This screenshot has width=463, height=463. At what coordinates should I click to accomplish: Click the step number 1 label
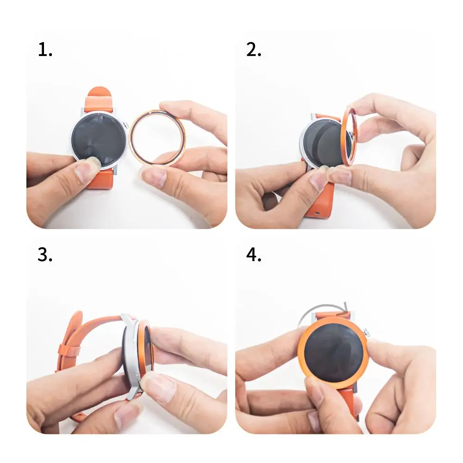click(x=45, y=50)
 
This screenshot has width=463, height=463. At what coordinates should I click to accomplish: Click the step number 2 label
click(x=254, y=50)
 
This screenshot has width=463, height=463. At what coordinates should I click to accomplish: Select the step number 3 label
click(x=45, y=255)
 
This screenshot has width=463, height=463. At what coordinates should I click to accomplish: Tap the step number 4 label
click(x=254, y=255)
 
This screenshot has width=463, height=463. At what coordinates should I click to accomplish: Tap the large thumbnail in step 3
click(x=158, y=387)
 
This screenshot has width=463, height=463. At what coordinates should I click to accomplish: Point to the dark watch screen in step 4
click(x=333, y=352)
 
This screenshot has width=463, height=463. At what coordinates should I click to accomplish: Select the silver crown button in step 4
click(x=367, y=332)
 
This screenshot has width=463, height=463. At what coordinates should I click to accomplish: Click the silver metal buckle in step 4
click(x=319, y=307)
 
